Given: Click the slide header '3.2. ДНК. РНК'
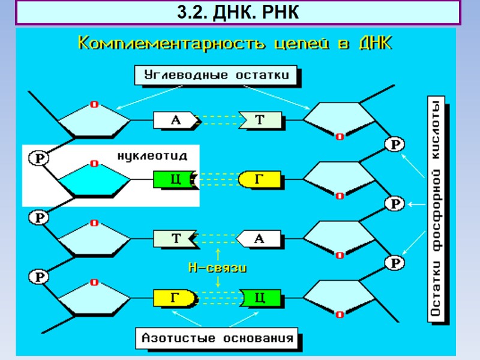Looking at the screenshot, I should pos(238,12).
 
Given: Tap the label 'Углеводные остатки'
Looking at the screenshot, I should pos(217,76).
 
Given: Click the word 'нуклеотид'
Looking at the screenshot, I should pos(152,155).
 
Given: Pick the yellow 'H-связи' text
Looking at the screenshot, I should pos(217,268).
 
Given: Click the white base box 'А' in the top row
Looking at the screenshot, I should pos(176,121).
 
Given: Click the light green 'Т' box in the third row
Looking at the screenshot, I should pos(176,238).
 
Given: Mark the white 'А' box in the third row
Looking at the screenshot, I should pos(260,238).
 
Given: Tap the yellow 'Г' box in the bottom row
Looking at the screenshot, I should pos(175,297).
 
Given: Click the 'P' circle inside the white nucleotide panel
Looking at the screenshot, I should pos(39,158).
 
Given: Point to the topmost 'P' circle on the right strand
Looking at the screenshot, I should pos(395,145).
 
